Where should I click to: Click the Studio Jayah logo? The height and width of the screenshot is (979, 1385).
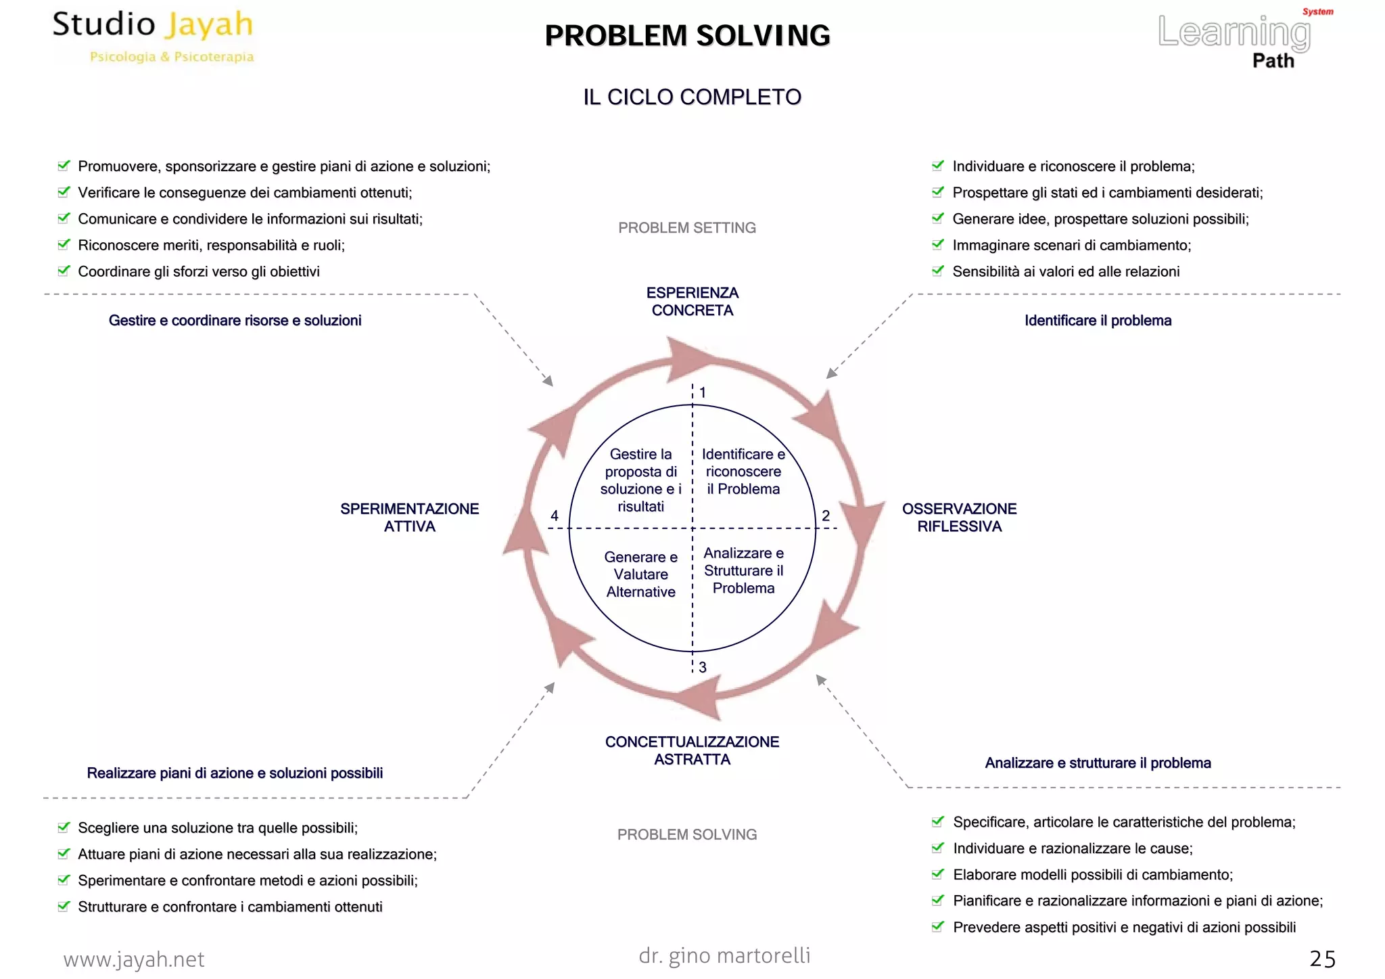point(154,36)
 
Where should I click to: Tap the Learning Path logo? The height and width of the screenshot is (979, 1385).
point(1243,39)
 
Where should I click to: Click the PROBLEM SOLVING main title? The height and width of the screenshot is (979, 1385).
point(687,36)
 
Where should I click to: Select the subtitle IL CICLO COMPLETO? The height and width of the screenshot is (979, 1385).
point(692,97)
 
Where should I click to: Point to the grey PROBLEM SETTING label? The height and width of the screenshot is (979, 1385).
point(686,228)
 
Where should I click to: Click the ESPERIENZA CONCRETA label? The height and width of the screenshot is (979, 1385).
point(692,302)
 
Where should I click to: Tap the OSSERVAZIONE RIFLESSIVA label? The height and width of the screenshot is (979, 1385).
point(958,518)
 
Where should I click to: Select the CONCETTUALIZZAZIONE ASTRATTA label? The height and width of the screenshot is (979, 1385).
point(692,750)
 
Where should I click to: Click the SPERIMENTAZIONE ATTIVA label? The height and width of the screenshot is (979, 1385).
point(409,518)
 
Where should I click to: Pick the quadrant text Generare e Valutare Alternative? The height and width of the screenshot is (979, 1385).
point(640,574)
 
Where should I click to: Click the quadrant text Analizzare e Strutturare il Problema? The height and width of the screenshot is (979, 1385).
point(743,570)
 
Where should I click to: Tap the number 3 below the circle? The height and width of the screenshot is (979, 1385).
point(703,668)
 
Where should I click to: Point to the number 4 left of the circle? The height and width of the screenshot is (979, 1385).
point(555,516)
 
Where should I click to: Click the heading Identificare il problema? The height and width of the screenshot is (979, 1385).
point(1097,321)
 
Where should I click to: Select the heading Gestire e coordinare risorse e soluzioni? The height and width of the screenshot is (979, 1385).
point(235,321)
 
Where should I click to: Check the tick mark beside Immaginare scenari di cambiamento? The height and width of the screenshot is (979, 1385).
point(937,244)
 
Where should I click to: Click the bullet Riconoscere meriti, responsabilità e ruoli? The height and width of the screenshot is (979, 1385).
point(211,246)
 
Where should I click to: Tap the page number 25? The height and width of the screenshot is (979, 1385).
point(1322,959)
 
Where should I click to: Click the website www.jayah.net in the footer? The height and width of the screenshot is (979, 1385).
point(134,959)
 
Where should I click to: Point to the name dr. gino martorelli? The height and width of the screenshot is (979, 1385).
point(724,955)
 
